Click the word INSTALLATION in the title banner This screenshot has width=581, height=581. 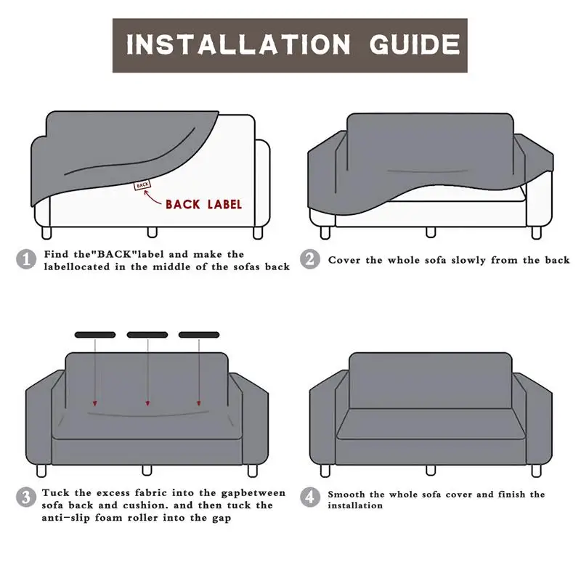(238, 45)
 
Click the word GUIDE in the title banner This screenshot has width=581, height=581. (415, 45)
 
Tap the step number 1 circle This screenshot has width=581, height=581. (26, 259)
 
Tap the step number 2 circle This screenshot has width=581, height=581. (310, 259)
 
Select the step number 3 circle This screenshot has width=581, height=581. (26, 497)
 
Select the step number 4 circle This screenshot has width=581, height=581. (310, 497)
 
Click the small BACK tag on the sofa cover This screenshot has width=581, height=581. (142, 184)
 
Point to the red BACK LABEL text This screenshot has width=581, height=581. (203, 205)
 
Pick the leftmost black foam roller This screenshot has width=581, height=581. (95, 335)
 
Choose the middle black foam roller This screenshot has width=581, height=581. (147, 335)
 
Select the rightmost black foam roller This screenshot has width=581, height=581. (199, 335)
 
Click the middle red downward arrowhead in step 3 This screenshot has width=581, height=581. (147, 403)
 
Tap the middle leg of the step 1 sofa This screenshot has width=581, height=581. (153, 232)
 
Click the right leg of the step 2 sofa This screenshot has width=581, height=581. (537, 232)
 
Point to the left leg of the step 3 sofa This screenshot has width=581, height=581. (41, 471)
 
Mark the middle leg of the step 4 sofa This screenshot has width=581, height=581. (431, 470)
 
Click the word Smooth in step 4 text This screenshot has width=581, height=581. (346, 495)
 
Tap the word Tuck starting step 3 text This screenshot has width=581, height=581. (56, 493)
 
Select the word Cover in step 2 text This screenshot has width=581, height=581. (344, 260)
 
